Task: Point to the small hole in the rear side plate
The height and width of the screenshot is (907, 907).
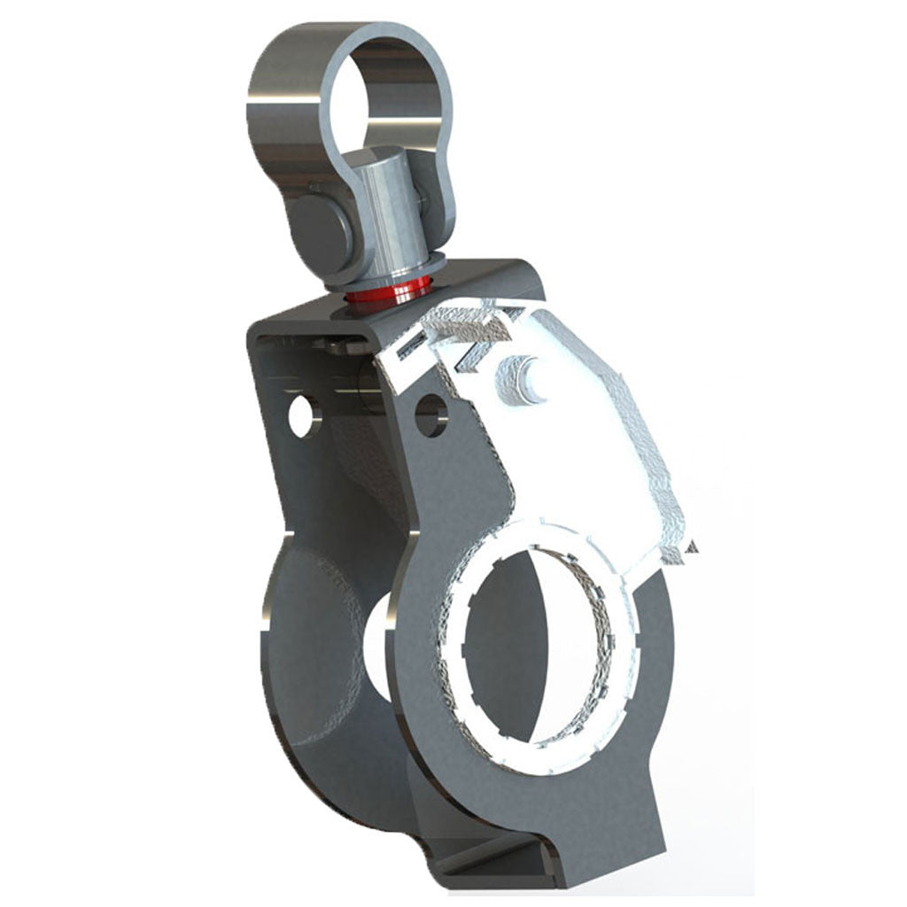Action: [x=301, y=415]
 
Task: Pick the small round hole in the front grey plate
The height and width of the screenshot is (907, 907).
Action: [x=430, y=414]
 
